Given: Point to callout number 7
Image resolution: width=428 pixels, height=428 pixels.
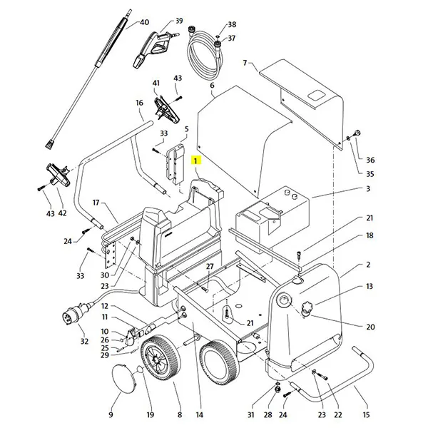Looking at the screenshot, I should pos(245,63).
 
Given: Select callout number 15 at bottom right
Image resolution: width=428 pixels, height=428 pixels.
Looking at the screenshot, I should pos(366,414).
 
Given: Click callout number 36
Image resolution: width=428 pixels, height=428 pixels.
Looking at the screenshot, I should pos(370,160).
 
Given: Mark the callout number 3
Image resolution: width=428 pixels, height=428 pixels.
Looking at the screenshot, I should pos(368,189).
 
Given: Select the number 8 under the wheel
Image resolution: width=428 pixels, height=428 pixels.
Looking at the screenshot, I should pos(180,414).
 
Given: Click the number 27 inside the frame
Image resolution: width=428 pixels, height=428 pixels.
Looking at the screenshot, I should pos(210,267).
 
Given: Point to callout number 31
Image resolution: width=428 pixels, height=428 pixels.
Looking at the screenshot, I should pos(250,414).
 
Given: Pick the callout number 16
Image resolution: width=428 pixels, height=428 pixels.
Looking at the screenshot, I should pos(140,103).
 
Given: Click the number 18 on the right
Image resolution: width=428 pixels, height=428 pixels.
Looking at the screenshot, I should pos(370,235).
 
